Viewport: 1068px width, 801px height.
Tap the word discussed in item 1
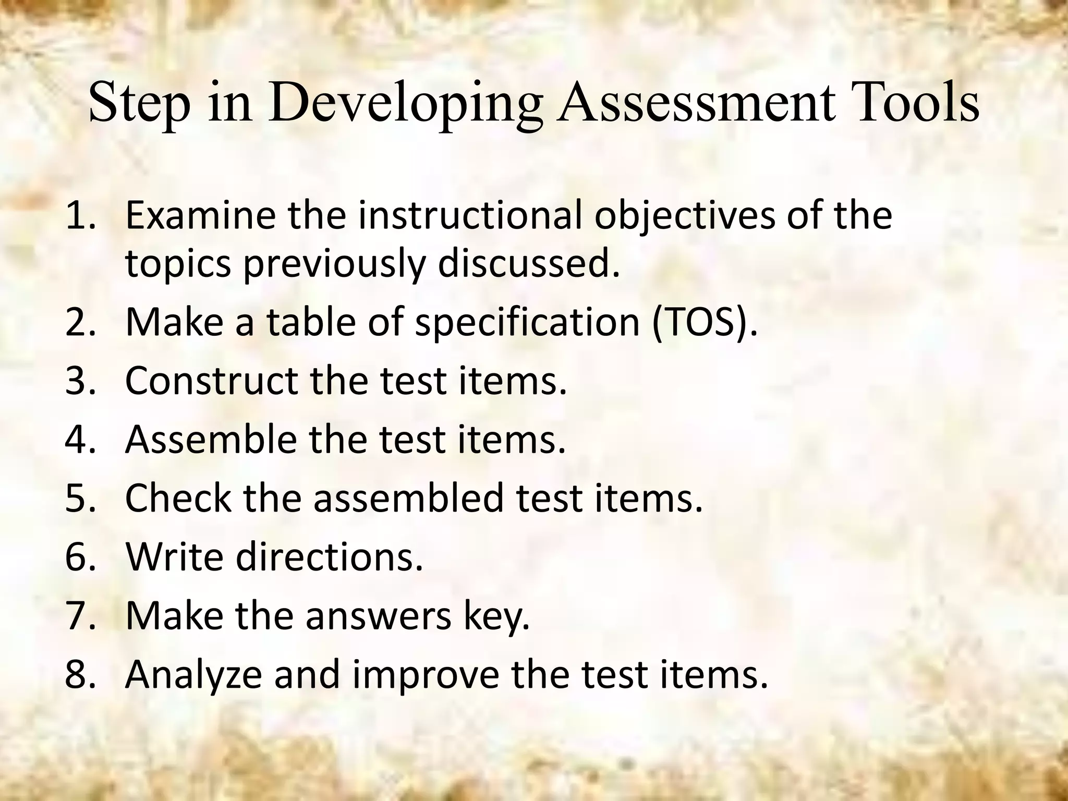(x=529, y=264)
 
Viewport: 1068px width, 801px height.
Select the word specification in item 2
(x=527, y=322)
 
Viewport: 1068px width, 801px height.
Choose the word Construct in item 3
(x=212, y=381)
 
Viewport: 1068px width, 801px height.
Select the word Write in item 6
(x=174, y=557)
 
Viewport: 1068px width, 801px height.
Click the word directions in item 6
(x=329, y=557)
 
